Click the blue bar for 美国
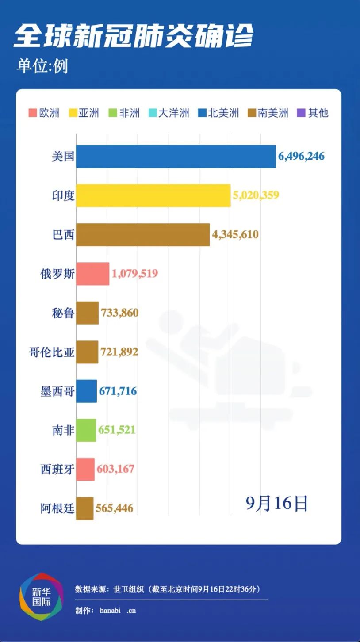point(176,157)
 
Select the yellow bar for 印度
point(153,195)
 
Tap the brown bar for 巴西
point(143,234)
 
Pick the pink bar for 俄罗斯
point(92,274)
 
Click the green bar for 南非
point(86,430)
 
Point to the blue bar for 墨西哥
point(86,391)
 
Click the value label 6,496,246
point(301,157)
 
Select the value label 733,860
point(119,313)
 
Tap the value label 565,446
point(114,508)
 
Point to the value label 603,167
point(115,469)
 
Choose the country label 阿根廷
point(57,508)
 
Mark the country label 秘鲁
point(63,313)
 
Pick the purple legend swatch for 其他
point(301,113)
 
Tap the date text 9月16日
point(276,503)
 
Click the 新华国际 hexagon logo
point(41,596)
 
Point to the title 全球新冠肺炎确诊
point(133,35)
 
